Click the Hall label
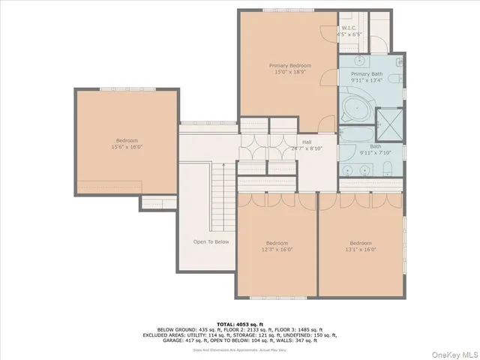307,141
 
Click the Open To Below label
211,241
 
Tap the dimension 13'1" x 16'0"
361,250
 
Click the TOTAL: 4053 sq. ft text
240,322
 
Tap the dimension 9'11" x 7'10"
376,153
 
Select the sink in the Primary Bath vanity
358,60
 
